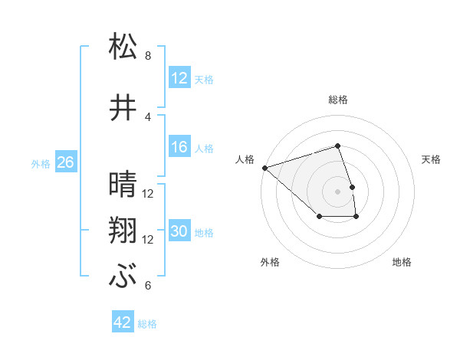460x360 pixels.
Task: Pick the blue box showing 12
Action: click(179, 77)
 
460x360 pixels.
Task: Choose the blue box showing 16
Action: click(179, 147)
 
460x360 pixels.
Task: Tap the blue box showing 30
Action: click(179, 231)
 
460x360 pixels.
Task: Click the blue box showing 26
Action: click(65, 162)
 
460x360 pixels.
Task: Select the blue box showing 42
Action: click(123, 323)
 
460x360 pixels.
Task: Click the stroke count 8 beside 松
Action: click(148, 56)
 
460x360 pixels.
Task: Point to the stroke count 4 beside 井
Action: click(148, 117)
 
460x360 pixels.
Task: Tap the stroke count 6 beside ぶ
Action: click(148, 286)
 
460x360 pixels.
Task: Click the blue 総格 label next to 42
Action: click(147, 324)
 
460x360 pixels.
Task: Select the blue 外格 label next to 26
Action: click(41, 163)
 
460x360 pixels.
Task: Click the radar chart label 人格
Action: click(245, 159)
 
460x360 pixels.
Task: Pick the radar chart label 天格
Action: click(432, 159)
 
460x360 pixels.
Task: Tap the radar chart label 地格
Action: click(402, 262)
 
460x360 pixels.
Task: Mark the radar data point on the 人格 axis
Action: click(264, 167)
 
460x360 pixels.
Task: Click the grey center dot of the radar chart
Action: click(338, 191)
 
